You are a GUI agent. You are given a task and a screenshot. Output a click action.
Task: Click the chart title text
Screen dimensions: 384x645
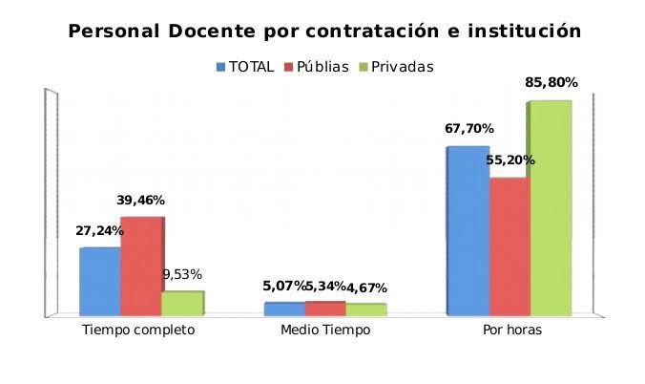[x=324, y=31]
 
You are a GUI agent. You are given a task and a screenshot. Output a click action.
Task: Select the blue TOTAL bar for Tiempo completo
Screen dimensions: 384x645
[x=99, y=281]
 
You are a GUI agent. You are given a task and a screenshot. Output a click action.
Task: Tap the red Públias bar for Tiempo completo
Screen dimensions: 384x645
[x=140, y=266]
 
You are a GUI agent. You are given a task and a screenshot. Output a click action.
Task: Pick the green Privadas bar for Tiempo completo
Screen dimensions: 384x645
[x=181, y=303]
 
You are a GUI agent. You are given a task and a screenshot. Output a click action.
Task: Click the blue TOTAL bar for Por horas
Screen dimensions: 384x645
[x=468, y=230]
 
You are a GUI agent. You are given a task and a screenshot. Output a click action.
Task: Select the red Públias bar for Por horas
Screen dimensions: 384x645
[x=509, y=245]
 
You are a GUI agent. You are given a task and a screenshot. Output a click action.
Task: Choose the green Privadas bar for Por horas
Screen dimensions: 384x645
[x=551, y=207]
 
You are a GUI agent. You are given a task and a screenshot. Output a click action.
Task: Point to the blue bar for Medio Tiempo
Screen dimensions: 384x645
[x=283, y=308]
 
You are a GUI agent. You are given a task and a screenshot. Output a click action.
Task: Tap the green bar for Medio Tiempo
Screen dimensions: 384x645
[x=365, y=309]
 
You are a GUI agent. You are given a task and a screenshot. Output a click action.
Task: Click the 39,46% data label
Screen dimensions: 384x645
[x=141, y=201]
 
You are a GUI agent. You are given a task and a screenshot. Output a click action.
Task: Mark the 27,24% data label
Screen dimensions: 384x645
[x=99, y=231]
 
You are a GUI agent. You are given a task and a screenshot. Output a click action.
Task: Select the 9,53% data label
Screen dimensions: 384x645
[x=182, y=275]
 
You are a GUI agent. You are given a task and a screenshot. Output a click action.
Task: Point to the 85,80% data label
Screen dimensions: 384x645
[x=550, y=83]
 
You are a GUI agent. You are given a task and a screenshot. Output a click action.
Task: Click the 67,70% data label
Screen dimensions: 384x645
[x=468, y=129]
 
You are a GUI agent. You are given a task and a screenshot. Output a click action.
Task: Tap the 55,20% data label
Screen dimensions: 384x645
[x=510, y=160]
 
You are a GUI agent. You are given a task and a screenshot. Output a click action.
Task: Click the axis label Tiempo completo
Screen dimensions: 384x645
[x=138, y=330]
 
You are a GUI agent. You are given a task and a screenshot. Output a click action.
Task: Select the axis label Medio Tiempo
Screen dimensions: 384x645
[x=325, y=330]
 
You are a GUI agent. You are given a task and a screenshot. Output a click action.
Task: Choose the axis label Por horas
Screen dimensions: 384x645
[x=510, y=330]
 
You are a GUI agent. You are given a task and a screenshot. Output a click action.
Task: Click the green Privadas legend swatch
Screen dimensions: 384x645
[x=364, y=67]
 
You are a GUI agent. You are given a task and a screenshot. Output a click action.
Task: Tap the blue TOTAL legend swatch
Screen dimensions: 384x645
[x=221, y=67]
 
